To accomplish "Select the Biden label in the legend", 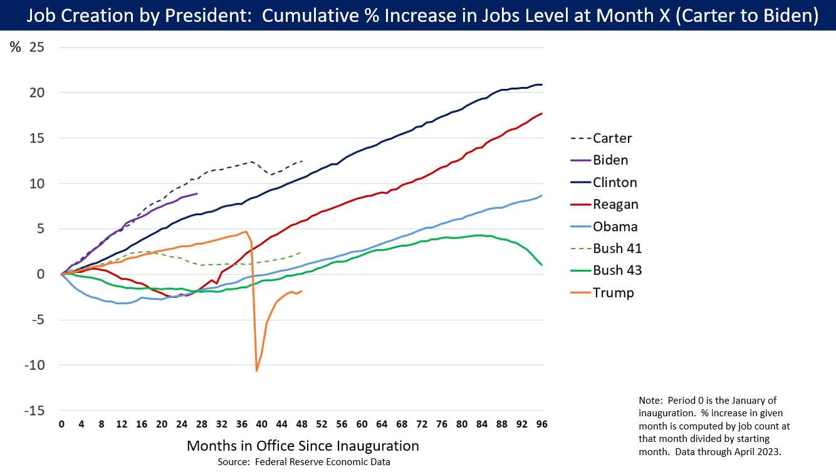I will pos(610,160).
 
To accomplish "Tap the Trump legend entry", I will pos(614,292).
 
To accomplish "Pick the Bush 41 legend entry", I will pos(617,249).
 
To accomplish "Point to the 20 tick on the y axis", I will pos(36,93).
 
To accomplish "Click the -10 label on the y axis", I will pos(34,365).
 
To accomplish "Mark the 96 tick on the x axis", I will pos(542,424).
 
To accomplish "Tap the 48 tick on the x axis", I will pos(301,424).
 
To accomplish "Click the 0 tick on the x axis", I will pos(61,424).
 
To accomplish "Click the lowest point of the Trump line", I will pos(257,371).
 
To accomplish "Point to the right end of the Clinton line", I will pos(542,85).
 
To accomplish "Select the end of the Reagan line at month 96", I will pos(542,113).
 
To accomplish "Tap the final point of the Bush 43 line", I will pos(542,265).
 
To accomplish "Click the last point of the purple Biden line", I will pos(197,193).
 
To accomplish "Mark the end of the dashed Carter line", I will pos(302,161).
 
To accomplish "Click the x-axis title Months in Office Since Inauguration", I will pos(303,446).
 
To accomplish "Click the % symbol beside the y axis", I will pos(15,47).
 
